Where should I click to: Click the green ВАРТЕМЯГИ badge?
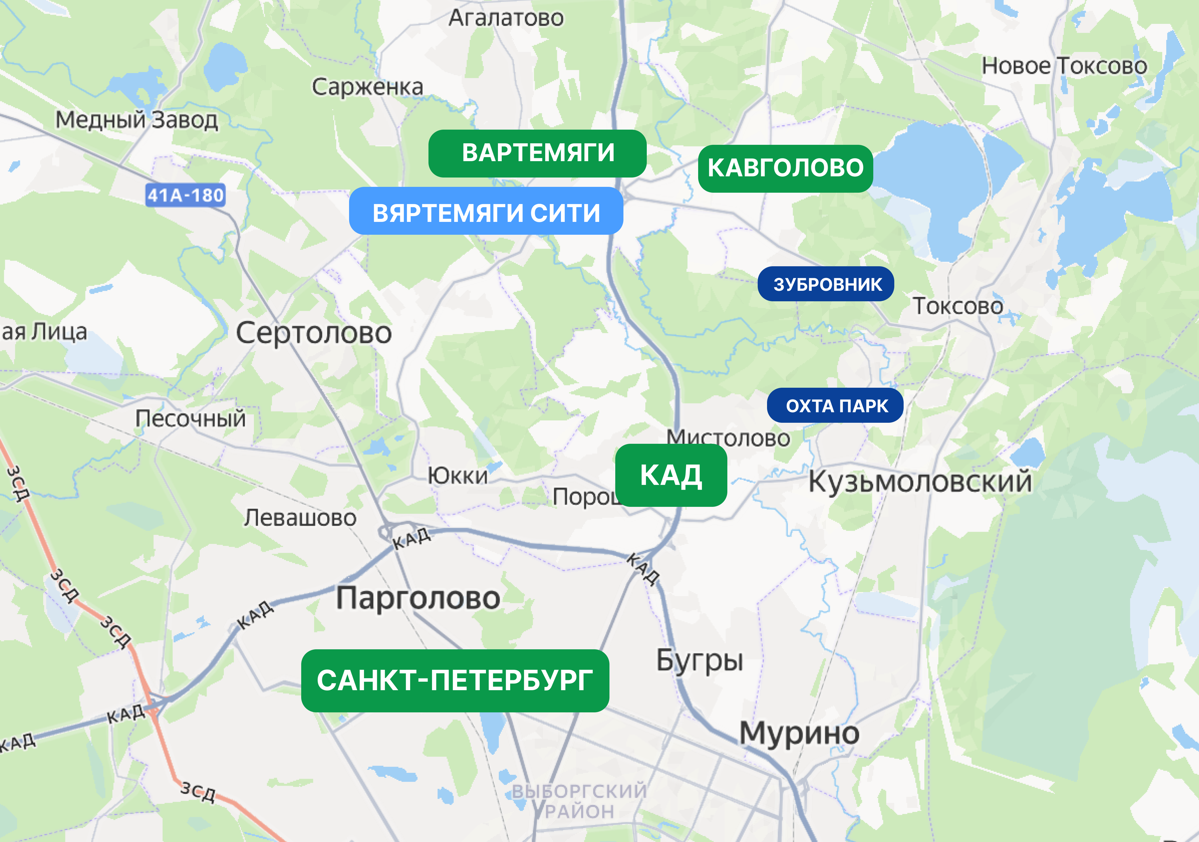click(x=537, y=153)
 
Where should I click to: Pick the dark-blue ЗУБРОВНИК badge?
click(x=826, y=284)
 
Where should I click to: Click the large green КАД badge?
click(x=671, y=475)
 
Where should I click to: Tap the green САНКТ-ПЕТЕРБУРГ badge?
click(x=455, y=681)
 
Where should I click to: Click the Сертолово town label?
click(x=314, y=333)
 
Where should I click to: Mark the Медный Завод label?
click(x=137, y=120)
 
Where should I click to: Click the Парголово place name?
click(x=418, y=598)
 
